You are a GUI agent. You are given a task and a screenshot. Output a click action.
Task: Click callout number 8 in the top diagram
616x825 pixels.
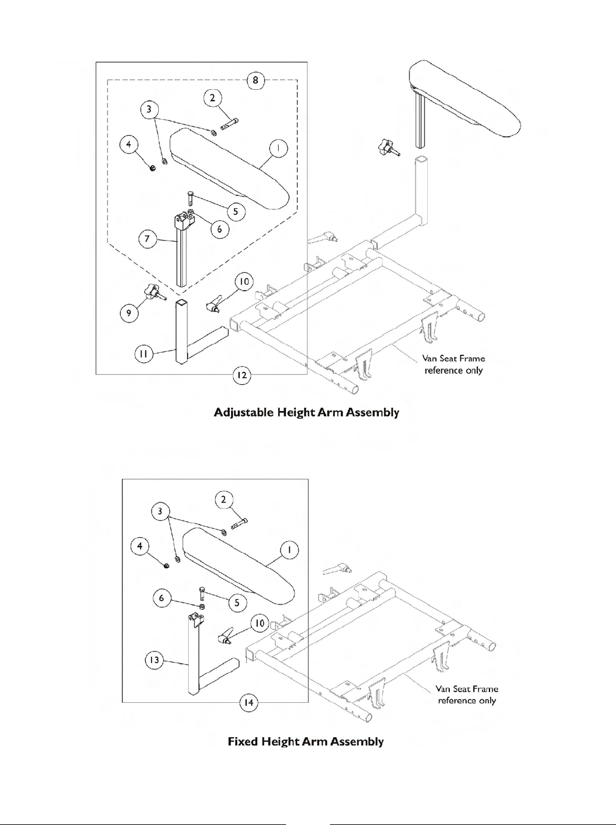[x=255, y=80]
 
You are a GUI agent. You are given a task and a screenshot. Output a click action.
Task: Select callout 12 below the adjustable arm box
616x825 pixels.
[x=243, y=375]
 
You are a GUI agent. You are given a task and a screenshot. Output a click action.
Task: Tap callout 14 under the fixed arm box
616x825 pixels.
[x=249, y=703]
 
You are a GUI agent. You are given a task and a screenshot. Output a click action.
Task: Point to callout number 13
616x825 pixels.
[x=155, y=660]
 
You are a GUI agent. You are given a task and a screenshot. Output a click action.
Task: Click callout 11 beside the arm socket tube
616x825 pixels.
[x=144, y=353]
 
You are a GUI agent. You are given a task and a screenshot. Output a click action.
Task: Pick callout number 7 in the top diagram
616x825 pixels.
[x=147, y=239]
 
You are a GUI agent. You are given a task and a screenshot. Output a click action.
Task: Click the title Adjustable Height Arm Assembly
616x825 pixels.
[x=306, y=413]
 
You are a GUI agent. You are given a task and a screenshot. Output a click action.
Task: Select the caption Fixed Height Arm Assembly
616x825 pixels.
[x=306, y=742]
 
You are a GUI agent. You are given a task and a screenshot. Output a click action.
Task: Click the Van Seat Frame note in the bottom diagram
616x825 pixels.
[x=466, y=694]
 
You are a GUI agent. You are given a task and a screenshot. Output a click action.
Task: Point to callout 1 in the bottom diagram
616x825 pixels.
[x=289, y=550]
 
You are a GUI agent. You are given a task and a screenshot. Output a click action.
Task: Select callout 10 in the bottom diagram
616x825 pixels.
[x=260, y=623]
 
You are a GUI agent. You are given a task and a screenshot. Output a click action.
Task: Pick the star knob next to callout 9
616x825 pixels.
[x=154, y=293]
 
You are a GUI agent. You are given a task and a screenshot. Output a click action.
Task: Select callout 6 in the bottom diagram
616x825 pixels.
[x=161, y=598]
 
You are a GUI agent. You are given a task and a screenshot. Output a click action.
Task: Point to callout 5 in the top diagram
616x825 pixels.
[x=235, y=212]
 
